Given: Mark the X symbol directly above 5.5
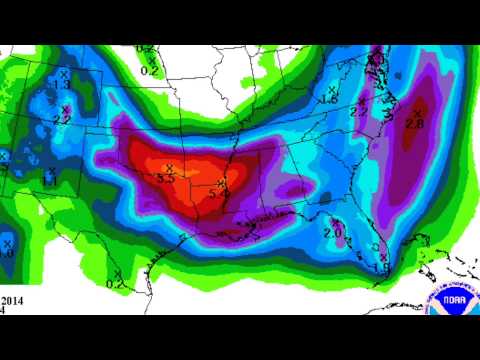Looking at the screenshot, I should click(169, 167).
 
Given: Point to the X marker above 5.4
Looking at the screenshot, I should click(223, 183).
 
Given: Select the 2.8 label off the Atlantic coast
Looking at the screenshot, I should click(415, 122).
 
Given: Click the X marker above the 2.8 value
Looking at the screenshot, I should click(417, 111).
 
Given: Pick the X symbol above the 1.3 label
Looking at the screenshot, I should click(64, 74).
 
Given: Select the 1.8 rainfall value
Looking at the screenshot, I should click(327, 100).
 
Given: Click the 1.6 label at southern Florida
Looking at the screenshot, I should click(381, 267).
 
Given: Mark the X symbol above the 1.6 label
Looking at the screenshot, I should click(384, 257).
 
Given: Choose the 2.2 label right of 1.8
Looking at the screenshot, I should click(359, 111).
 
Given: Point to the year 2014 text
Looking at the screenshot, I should click(13, 299).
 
